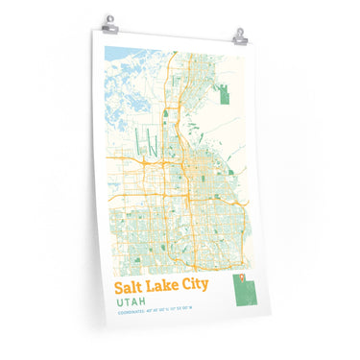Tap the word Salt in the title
(132, 287)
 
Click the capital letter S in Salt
(120, 287)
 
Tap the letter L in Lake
(156, 287)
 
